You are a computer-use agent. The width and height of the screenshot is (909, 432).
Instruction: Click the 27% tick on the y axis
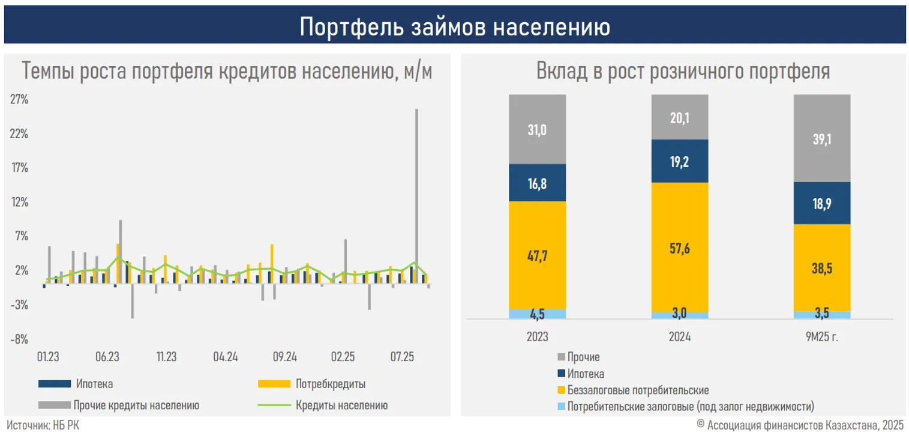pos(19,100)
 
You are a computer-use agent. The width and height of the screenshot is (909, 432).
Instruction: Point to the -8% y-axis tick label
pos(19,340)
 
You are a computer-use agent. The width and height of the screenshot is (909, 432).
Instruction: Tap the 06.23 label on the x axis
pos(107,357)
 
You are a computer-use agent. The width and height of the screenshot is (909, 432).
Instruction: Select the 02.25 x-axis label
pos(343,357)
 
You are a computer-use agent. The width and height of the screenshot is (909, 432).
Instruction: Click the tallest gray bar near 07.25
pos(416,192)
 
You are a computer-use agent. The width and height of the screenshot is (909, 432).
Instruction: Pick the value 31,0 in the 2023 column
pos(537,130)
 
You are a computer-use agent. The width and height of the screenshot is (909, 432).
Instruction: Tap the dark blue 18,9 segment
pos(822,203)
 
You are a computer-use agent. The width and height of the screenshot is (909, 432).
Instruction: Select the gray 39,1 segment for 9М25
pos(822,139)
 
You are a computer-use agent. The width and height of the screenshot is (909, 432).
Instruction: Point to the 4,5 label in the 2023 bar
pos(537,314)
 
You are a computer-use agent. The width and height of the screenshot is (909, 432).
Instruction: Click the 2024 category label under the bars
pos(680,337)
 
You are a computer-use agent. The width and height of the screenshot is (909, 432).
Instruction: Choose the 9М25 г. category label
pos(822,337)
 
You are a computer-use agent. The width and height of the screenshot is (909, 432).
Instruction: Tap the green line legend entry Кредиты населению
pos(341,406)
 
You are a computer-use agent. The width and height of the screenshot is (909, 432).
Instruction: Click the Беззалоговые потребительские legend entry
pos(638,390)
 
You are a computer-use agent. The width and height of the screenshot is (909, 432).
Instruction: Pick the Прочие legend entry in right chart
pos(583,358)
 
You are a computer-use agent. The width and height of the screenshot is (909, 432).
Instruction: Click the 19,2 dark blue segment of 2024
pos(680,161)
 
